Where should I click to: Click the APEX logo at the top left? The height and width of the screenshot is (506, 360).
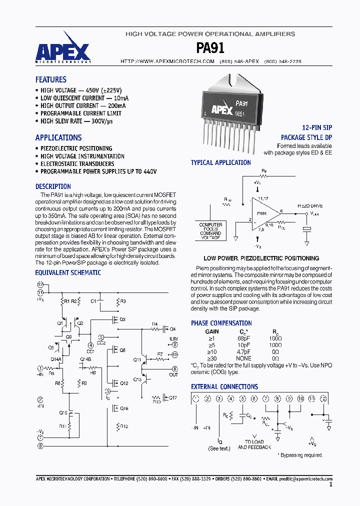pyautogui.click(x=62, y=51)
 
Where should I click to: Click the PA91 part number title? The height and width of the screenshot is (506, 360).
pyautogui.click(x=210, y=47)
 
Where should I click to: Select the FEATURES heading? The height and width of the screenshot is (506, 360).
pyautogui.click(x=50, y=79)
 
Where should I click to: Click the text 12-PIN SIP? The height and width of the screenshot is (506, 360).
pyautogui.click(x=317, y=128)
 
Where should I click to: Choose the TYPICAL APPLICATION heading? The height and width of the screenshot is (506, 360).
pyautogui.click(x=220, y=162)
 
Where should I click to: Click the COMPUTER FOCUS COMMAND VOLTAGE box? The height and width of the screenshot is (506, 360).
pyautogui.click(x=210, y=231)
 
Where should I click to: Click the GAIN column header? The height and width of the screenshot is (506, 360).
pyautogui.click(x=212, y=331)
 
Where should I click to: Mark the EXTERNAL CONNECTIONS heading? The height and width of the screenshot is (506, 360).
pyautogui.click(x=224, y=386)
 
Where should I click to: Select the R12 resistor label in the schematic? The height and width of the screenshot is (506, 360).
pyautogui.click(x=124, y=426)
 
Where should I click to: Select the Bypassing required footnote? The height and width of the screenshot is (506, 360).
pyautogui.click(x=300, y=455)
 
